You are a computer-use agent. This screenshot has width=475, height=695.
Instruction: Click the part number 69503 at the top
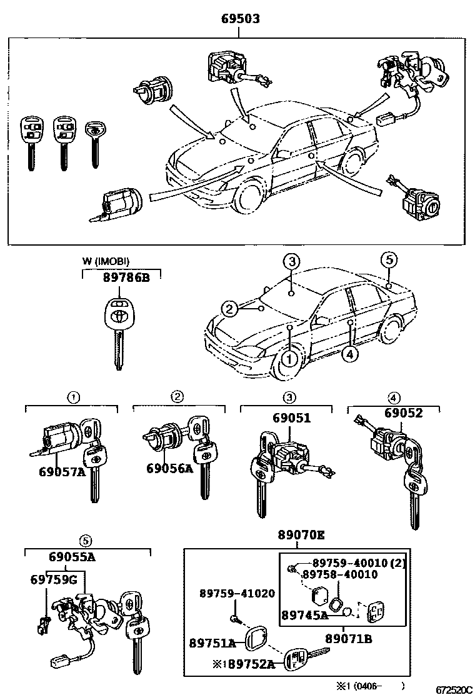tap(240, 19)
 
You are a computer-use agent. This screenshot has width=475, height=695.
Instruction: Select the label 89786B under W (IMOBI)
tap(126, 278)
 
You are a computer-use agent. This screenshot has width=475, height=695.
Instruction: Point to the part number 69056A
tap(170, 468)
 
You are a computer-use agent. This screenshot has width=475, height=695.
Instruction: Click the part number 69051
tap(291, 418)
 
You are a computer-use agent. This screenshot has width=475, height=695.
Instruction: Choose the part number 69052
tap(403, 413)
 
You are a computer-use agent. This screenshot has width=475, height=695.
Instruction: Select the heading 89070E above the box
tap(301, 535)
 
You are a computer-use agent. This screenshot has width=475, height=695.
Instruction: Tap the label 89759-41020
tap(237, 593)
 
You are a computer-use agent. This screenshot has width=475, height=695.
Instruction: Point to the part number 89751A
tap(212, 643)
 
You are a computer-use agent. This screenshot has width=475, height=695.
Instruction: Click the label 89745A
tap(305, 615)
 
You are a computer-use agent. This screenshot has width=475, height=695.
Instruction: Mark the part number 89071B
tap(349, 638)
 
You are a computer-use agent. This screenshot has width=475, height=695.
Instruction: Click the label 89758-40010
tap(340, 575)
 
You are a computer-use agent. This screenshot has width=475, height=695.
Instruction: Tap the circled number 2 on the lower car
tap(230, 308)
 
